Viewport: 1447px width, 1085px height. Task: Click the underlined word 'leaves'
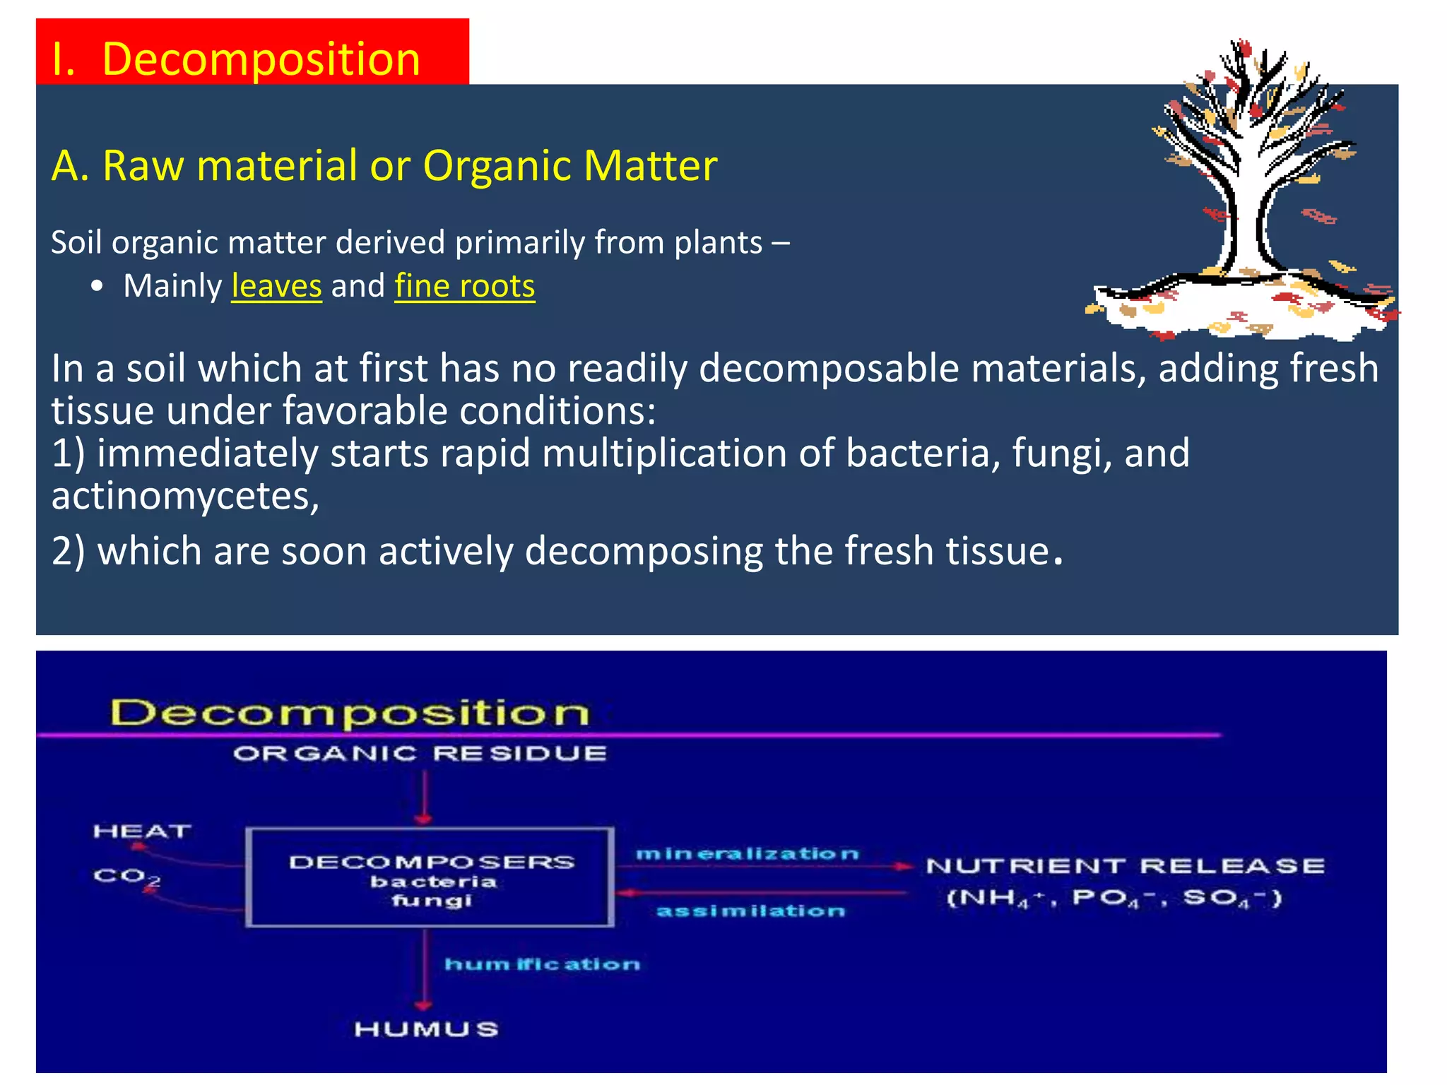coord(276,286)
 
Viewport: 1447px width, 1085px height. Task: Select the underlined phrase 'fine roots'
coord(464,286)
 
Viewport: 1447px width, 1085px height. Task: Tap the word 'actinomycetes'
coord(184,496)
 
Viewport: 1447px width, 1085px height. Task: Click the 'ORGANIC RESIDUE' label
coord(420,754)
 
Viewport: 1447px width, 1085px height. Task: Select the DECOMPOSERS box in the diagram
coord(430,877)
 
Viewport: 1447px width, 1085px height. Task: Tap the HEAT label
coord(142,831)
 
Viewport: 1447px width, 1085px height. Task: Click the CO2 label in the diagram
coord(126,877)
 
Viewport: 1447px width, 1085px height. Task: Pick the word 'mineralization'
coord(747,854)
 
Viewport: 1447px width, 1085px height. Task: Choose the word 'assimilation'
coord(750,911)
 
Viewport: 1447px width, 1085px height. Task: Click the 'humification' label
coord(542,964)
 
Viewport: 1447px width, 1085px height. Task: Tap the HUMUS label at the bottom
coord(426,1029)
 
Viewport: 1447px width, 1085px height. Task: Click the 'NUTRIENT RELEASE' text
coord(1125,866)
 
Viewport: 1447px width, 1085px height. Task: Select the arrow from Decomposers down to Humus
coord(423,968)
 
